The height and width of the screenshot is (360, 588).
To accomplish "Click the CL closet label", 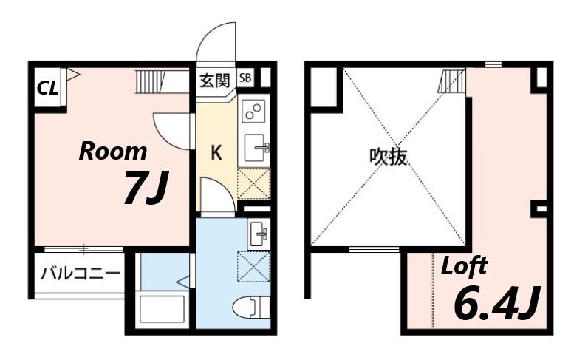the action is pos(47,89).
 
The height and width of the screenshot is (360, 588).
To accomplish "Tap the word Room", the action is pos(112,152).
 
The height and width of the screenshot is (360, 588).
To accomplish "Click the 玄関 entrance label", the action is pos(214,81).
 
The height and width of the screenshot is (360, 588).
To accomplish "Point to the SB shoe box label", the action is pos(245,78).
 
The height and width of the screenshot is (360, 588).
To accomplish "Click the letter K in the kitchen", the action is pos(216,153).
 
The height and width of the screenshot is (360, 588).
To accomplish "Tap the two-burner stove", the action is pos(253,111).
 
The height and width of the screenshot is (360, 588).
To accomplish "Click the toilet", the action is pos(251,308).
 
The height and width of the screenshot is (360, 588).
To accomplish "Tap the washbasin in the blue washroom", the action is pos(259,234).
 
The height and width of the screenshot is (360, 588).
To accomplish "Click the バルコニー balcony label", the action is pos(81,273).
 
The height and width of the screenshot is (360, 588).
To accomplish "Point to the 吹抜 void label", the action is pos(388,157).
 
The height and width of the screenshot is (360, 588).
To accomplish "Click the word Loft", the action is pos(464,266).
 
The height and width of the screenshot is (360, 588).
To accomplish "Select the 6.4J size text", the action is pos(497,302).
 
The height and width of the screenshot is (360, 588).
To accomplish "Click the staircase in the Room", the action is pos(162,81).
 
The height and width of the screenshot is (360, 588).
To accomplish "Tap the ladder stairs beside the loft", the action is pos(452,81).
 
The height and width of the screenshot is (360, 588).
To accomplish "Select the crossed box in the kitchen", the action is pos(254,184).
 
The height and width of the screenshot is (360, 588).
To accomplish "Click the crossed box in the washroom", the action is pos(254,266).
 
